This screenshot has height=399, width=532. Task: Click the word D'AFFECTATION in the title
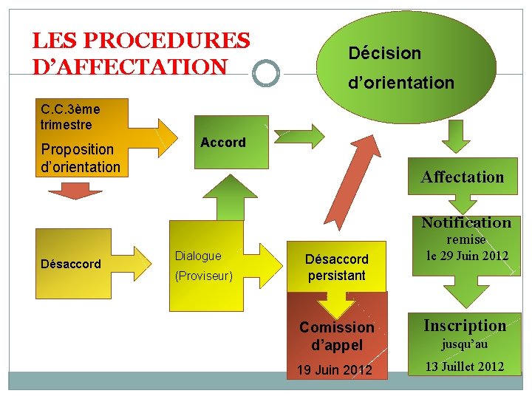point(130,67)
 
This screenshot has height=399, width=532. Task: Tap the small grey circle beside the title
point(265,73)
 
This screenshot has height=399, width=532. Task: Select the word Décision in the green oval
point(384,53)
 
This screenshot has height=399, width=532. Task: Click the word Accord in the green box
point(222,143)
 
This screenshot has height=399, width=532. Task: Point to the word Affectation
point(462,177)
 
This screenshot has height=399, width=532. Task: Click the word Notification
point(465,222)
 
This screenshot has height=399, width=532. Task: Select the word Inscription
point(465,325)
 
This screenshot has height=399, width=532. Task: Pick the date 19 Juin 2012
point(335,369)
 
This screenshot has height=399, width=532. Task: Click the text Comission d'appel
point(336,335)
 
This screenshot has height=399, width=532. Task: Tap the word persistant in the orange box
point(337,276)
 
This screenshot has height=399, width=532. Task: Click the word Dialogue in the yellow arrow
point(198,256)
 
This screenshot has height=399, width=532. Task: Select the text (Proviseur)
point(204,276)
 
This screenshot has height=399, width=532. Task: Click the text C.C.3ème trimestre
point(70,117)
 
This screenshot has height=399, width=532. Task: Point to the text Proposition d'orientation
point(80,158)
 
